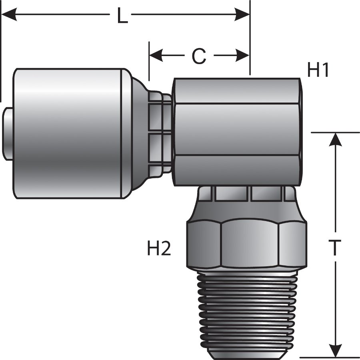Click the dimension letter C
click(199, 56)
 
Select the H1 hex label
click(318, 70)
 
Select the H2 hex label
click(159, 249)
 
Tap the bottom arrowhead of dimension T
click(335, 350)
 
